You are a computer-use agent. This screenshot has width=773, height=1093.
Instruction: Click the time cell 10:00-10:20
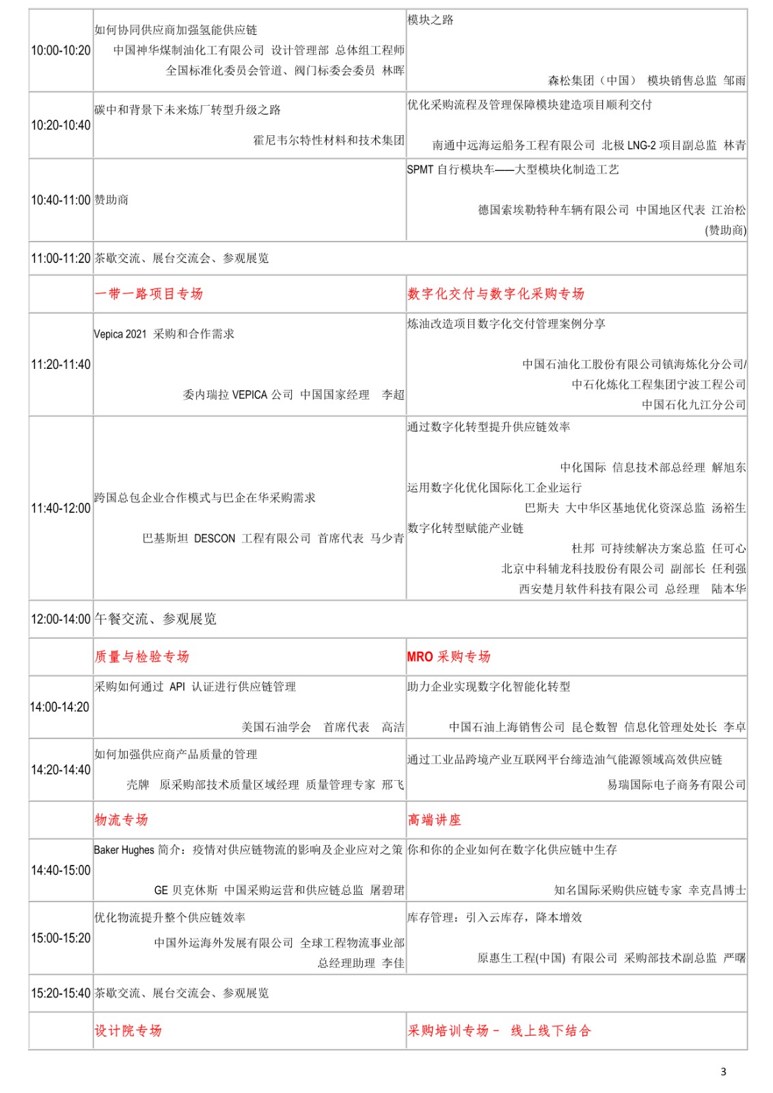point(61,51)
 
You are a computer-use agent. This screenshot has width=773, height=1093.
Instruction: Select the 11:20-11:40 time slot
point(61,365)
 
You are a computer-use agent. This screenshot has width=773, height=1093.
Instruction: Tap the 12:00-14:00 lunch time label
point(61,620)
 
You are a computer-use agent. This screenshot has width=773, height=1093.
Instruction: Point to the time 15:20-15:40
point(61,993)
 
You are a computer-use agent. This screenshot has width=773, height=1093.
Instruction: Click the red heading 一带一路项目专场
point(149,294)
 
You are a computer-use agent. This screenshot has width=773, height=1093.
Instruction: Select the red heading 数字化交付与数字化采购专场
point(496,294)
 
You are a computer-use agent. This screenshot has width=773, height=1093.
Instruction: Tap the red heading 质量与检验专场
point(141,656)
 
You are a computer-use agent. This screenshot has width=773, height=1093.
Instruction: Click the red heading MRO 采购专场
point(448,656)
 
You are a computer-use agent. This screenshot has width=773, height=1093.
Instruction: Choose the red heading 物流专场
point(121,820)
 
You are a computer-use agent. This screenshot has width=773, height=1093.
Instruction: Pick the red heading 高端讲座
point(434,820)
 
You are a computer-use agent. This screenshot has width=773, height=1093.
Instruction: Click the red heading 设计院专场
point(128,1031)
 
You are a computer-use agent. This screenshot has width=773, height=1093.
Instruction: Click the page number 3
point(724,1072)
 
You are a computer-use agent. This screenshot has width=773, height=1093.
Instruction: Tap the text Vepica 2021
point(120,334)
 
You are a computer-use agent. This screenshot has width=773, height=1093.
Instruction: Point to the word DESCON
point(215,538)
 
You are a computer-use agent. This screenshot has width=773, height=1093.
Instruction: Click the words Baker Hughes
point(124,850)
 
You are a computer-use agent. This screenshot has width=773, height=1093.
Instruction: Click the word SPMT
point(420,170)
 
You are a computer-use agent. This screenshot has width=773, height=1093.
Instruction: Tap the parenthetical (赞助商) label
point(725,230)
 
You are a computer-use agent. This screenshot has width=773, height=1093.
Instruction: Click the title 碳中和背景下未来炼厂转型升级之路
point(187,110)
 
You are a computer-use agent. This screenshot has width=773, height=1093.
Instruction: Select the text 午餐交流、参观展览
point(155,620)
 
